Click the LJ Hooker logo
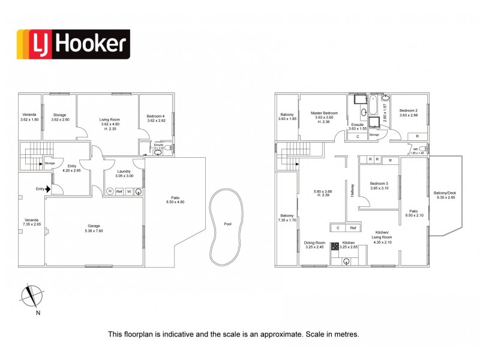[72, 45]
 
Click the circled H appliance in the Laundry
[110, 191]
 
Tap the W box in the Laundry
[128, 191]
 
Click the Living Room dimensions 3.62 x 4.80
[109, 124]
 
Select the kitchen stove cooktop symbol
[334, 247]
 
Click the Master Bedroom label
[324, 113]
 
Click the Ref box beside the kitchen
[353, 228]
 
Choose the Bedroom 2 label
[408, 110]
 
